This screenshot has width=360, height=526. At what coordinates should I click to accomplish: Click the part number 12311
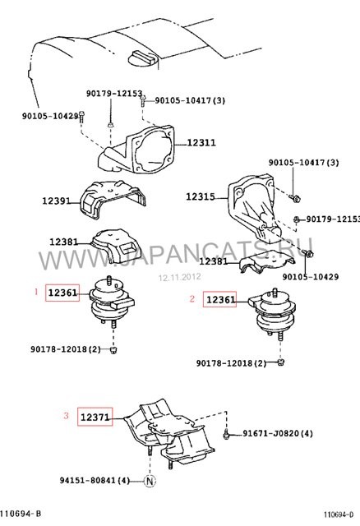pyautogui.click(x=201, y=142)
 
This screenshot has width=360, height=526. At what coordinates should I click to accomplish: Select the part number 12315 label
pyautogui.click(x=201, y=196)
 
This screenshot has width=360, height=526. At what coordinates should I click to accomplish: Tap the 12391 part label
pyautogui.click(x=57, y=201)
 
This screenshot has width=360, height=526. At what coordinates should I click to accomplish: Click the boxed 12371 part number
pyautogui.click(x=95, y=417)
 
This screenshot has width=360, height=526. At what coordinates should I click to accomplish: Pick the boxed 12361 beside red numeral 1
pyautogui.click(x=62, y=293)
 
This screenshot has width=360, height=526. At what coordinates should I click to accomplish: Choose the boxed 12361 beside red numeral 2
pyautogui.click(x=219, y=299)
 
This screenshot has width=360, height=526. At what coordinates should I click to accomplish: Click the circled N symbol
pyautogui.click(x=150, y=482)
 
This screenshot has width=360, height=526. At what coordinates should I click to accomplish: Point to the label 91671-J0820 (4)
pyautogui.click(x=278, y=433)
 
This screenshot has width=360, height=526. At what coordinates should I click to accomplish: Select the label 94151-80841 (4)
pyautogui.click(x=95, y=480)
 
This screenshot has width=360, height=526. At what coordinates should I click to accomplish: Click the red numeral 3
pyautogui.click(x=66, y=416)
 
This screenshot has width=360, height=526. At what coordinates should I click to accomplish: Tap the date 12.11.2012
pyautogui.click(x=180, y=277)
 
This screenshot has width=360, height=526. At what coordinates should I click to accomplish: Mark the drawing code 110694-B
pyautogui.click(x=21, y=514)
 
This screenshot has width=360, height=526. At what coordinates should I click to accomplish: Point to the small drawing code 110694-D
pyautogui.click(x=339, y=514)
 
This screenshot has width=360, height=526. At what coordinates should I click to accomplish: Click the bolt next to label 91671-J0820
pyautogui.click(x=226, y=434)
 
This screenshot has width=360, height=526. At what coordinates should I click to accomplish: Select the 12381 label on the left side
pyautogui.click(x=64, y=242)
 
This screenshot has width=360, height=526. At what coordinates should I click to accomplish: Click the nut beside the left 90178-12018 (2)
pyautogui.click(x=113, y=351)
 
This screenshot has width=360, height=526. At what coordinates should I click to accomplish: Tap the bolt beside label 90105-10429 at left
pyautogui.click(x=82, y=116)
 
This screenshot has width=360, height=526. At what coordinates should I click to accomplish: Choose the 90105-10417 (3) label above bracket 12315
pyautogui.click(x=303, y=163)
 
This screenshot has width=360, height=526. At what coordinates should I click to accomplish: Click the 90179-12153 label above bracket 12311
pyautogui.click(x=114, y=93)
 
